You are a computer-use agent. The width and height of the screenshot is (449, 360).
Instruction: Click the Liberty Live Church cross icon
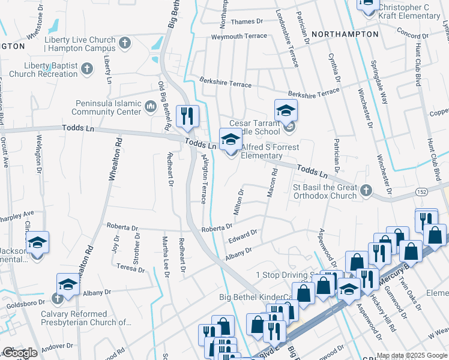[124, 43]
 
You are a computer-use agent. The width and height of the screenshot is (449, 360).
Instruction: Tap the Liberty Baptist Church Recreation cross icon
[86, 70]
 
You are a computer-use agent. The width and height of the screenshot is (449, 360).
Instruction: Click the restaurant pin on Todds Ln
[187, 116]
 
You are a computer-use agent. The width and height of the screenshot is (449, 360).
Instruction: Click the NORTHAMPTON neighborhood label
[346, 34]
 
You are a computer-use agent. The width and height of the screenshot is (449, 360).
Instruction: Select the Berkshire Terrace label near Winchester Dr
[313, 94]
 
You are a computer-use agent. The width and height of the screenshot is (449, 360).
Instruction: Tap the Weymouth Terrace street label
[239, 37]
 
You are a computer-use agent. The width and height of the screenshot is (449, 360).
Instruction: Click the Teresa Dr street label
[131, 267]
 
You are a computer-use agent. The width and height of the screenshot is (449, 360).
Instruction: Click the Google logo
[20, 353]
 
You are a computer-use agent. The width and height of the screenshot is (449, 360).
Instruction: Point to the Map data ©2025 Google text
[412, 355]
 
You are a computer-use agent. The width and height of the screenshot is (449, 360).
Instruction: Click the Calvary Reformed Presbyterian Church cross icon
[58, 298]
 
